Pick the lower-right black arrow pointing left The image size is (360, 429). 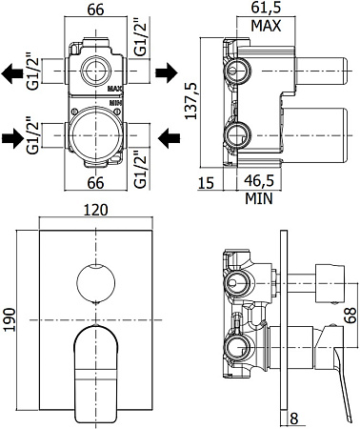170,138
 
